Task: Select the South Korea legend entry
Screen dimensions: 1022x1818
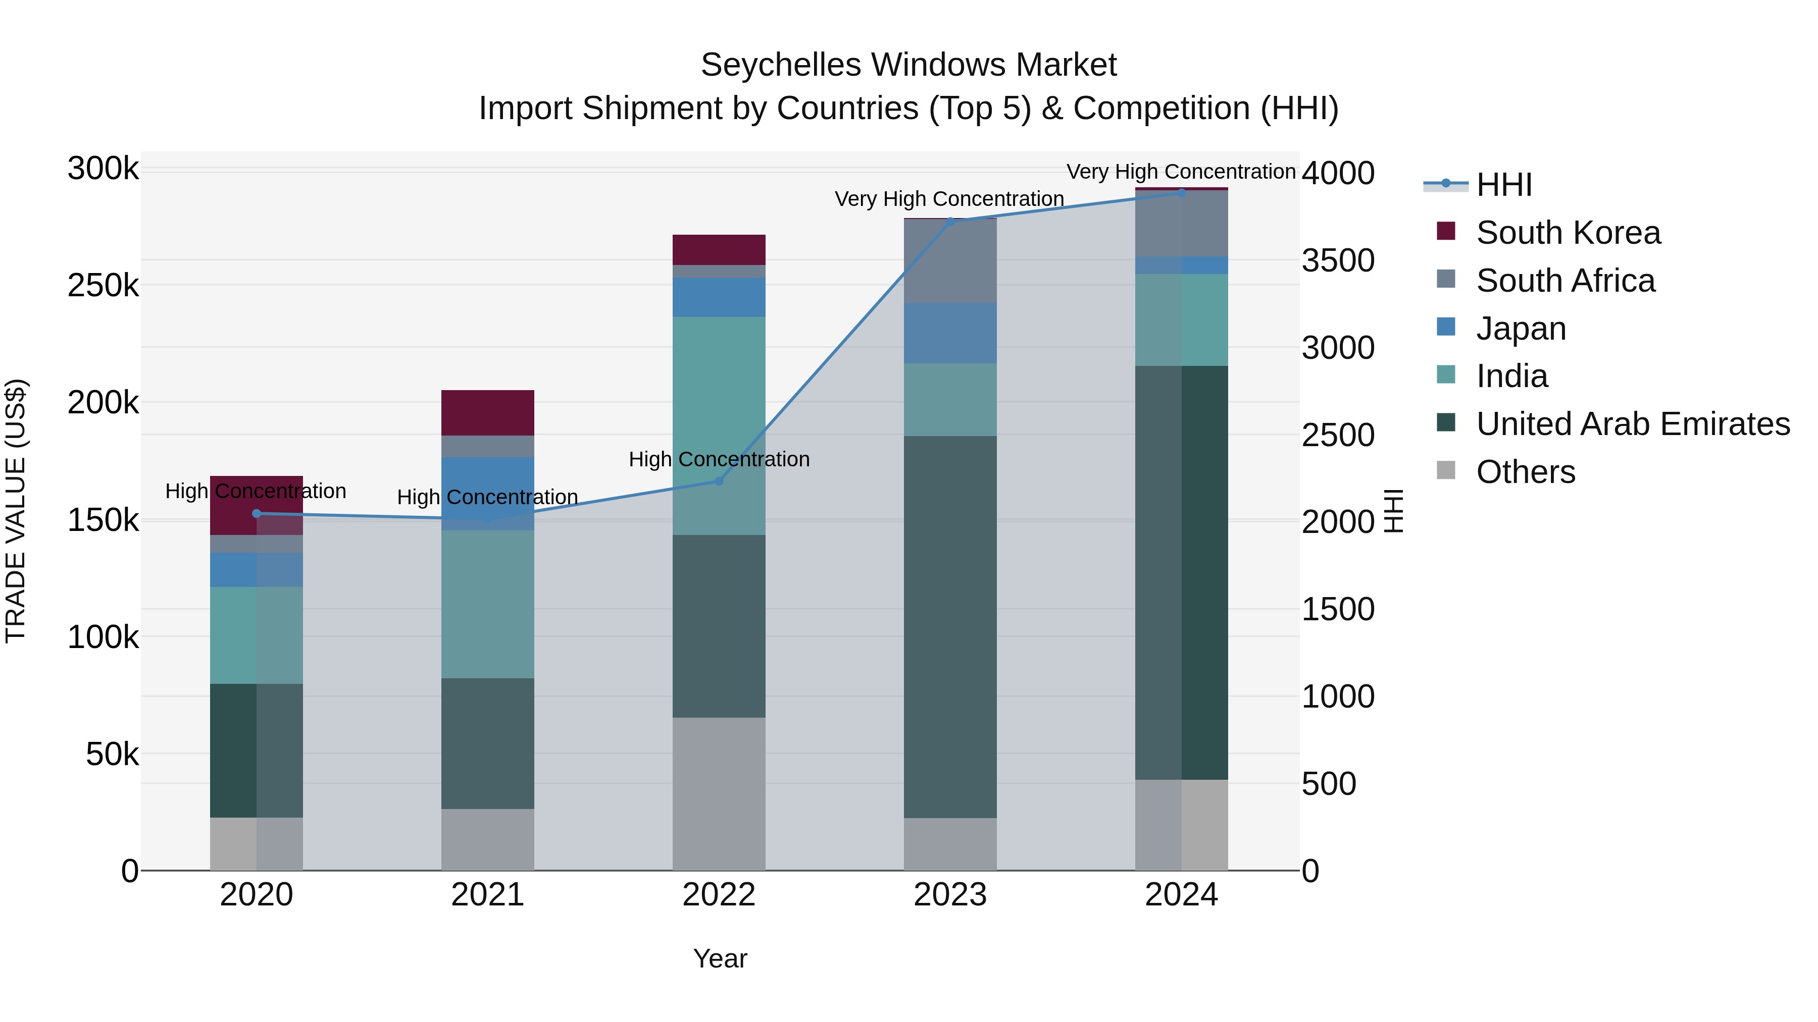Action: [x=1568, y=233]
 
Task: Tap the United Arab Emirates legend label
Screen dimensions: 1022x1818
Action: [x=1632, y=424]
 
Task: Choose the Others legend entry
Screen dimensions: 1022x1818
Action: [x=1525, y=472]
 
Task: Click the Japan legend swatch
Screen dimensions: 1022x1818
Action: [x=1445, y=327]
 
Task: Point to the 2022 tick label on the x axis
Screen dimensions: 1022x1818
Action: [x=719, y=895]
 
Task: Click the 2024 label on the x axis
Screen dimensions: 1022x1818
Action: [x=1181, y=895]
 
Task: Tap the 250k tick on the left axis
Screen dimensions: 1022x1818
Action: [x=103, y=286]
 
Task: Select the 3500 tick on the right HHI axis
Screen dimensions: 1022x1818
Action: [x=1337, y=260]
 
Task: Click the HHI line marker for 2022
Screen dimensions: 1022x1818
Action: [x=719, y=481]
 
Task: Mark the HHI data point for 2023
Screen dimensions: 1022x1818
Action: [x=950, y=222]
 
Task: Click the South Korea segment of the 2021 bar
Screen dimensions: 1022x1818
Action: [x=488, y=413]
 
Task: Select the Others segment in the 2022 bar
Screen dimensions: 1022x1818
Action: [x=719, y=793]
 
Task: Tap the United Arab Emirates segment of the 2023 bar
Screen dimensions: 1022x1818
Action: [x=950, y=626]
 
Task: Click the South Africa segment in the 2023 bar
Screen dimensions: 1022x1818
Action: [x=950, y=261]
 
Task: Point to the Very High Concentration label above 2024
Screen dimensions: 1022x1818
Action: [x=1181, y=172]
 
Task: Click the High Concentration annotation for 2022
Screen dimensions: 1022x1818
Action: [x=719, y=459]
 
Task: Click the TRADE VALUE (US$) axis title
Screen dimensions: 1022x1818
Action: [x=16, y=511]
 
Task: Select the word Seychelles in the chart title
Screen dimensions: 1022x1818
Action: [x=781, y=65]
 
